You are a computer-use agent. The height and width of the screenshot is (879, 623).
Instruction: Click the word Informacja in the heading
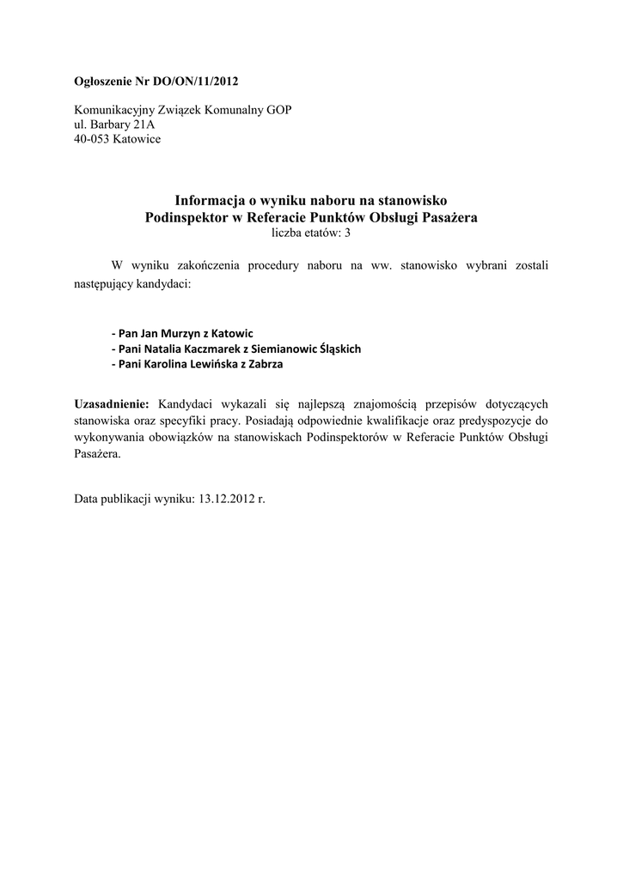[x=208, y=201]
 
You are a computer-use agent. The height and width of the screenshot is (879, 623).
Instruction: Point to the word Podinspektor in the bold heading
[x=182, y=217]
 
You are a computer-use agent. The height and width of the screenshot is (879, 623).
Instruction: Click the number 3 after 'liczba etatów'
[x=348, y=232]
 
